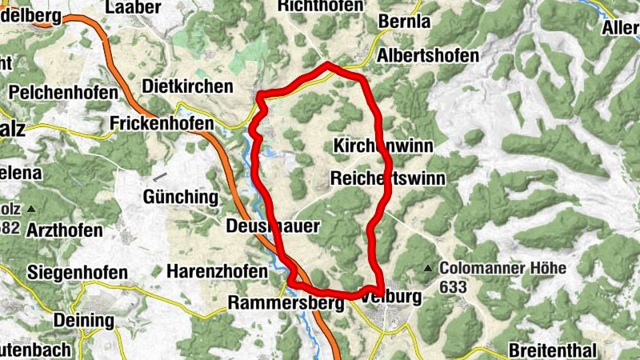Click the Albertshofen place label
point(428,56)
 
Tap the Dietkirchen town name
point(187,86)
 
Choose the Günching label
point(180,196)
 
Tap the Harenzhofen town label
point(217,272)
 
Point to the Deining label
point(83,321)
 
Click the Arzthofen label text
point(65,230)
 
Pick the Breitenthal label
point(552,351)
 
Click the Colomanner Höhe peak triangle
point(429,268)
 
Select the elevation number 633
point(452,286)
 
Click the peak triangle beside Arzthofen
point(31,209)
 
